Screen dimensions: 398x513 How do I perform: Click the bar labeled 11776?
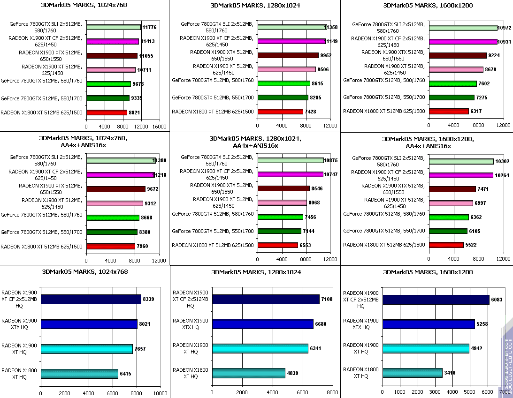pyautogui.click(x=113, y=27)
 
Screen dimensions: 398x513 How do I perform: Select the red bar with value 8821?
pyautogui.click(x=107, y=113)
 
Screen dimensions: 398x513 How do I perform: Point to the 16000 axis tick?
pyautogui.click(x=160, y=126)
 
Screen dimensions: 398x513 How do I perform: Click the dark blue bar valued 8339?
pyautogui.click(x=91, y=299)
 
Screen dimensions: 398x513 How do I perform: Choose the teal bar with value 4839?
pyautogui.click(x=249, y=373)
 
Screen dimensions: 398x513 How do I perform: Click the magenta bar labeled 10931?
pyautogui.click(x=463, y=41)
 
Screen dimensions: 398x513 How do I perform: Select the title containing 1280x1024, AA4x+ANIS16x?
pyautogui.click(x=255, y=142)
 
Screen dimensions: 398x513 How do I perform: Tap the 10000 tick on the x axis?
pyautogui.click(x=161, y=393)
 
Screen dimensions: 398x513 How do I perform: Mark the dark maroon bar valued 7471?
pyautogui.click(x=452, y=189)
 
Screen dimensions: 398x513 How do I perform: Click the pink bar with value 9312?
pyautogui.click(x=115, y=203)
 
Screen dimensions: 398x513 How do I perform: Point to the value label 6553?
pyautogui.click(x=306, y=245)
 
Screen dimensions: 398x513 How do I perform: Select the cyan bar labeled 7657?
pyautogui.click(x=86, y=349)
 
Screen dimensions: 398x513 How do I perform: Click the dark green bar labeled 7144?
pyautogui.click(x=279, y=231)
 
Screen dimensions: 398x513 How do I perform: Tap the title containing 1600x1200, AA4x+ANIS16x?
pyautogui.click(x=428, y=142)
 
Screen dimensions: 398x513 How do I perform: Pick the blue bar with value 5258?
pyautogui.click(x=429, y=324)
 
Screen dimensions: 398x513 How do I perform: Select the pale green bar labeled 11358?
pyautogui.click(x=291, y=27)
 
